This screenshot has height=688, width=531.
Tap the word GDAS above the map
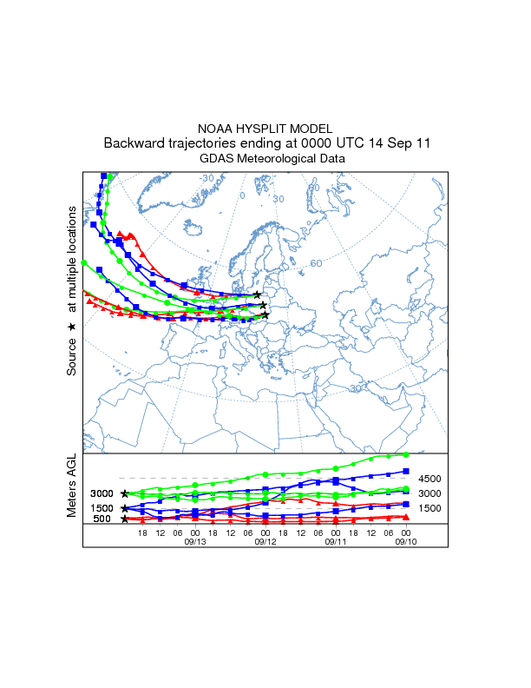click(216, 159)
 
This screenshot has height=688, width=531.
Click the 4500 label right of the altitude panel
click(431, 479)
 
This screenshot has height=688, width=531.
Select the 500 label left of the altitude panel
click(102, 519)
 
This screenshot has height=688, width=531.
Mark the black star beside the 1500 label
click(125, 508)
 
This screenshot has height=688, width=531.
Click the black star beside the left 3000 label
click(125, 493)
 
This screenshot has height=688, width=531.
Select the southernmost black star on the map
click(265, 315)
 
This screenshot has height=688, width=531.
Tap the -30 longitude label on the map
click(206, 178)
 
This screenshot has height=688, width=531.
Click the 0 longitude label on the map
click(243, 195)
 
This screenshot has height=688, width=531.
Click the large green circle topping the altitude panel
click(405, 454)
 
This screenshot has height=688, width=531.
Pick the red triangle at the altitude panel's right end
click(406, 518)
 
